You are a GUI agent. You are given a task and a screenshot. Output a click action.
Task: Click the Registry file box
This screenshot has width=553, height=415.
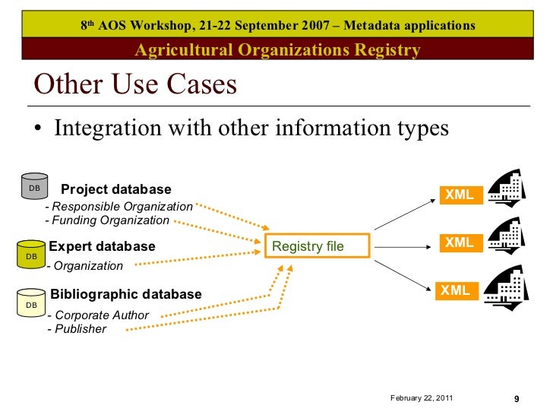[318, 246]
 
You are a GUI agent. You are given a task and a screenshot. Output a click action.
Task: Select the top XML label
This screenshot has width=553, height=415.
[459, 195]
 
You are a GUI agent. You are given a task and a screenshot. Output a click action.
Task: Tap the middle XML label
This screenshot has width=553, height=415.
[459, 243]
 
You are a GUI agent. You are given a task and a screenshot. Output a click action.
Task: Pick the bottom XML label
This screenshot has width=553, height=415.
[455, 290]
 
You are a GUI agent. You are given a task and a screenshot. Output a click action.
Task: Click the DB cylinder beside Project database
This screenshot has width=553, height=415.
[34, 187]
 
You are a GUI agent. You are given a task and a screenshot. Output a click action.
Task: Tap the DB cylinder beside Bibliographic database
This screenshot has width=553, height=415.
[32, 303]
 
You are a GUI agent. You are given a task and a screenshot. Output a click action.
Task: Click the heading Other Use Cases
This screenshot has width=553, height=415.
[136, 84]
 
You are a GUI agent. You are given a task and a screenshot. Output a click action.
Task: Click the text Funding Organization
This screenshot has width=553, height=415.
[107, 220]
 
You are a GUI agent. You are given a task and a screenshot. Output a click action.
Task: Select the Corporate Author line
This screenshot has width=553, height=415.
[98, 315]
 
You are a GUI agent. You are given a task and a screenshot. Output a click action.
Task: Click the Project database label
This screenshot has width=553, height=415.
[116, 189]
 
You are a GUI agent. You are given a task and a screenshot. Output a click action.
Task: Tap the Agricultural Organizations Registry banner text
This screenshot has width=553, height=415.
[277, 51]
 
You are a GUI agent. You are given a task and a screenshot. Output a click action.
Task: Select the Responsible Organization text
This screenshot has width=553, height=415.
[119, 207]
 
